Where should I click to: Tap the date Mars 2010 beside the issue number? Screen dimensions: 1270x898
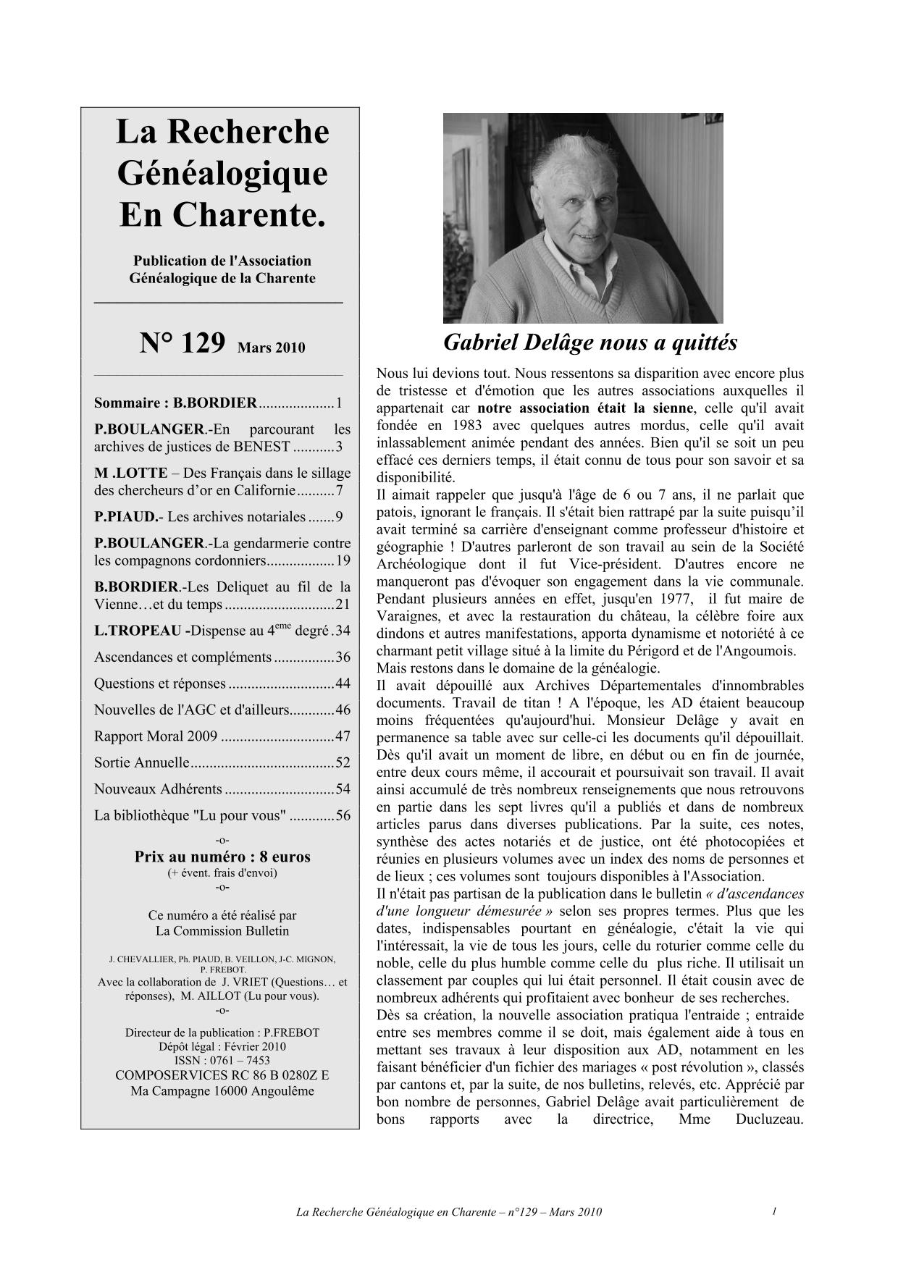[x=271, y=348]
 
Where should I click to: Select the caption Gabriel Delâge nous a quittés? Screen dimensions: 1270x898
[x=589, y=342]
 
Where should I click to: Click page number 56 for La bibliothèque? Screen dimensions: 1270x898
[x=343, y=815]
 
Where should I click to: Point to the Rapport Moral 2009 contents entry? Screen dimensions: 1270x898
[x=156, y=736]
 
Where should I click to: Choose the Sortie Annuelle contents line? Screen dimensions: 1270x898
[x=142, y=762]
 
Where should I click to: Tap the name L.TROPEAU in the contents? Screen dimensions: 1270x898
[x=138, y=631]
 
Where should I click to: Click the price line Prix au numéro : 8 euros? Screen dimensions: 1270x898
[x=222, y=857]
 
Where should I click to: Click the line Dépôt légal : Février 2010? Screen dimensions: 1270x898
[x=222, y=1046]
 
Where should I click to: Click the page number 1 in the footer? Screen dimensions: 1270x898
[x=774, y=1211]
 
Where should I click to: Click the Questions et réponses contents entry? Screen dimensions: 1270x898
[x=160, y=684]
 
